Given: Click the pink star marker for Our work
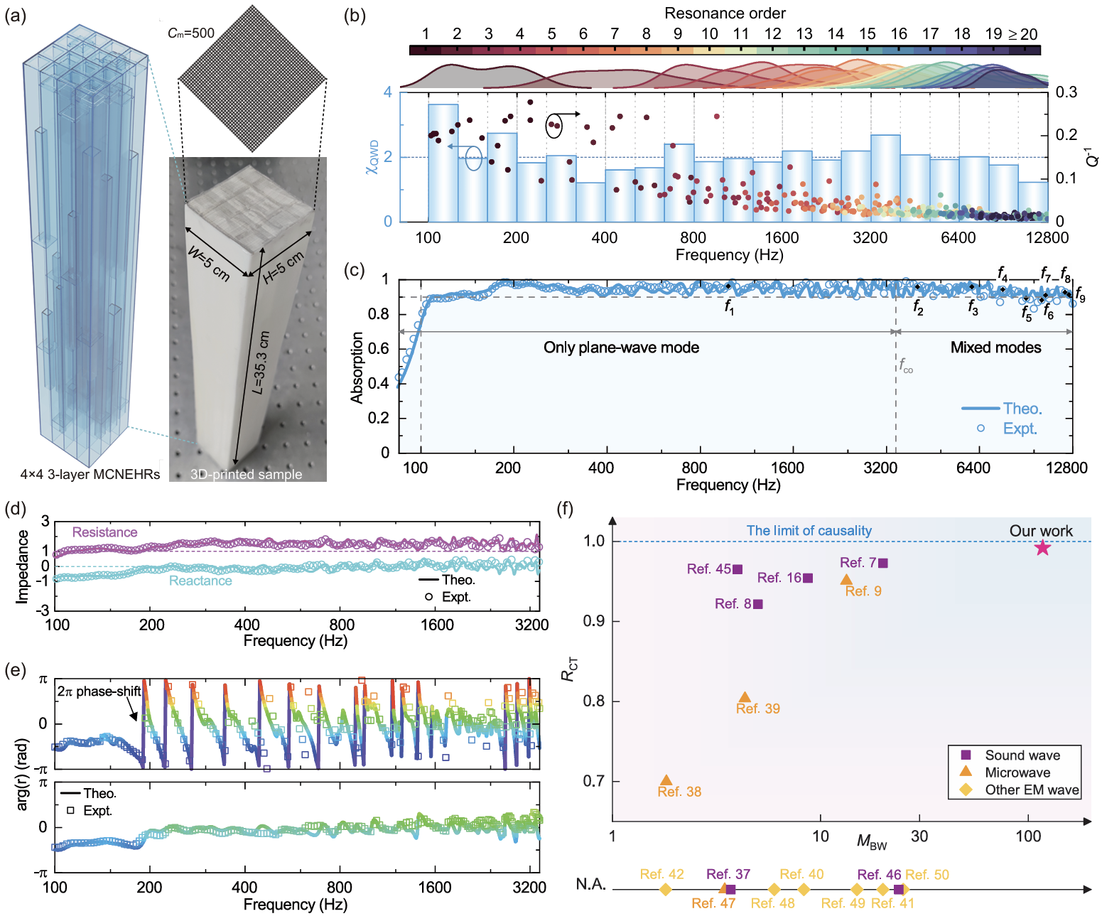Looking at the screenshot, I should click(1042, 547).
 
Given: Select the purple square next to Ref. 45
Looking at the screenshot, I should click(738, 569).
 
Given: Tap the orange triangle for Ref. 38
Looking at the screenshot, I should click(666, 780).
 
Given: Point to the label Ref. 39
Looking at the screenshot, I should click(757, 709).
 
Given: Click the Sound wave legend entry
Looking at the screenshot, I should click(1022, 755).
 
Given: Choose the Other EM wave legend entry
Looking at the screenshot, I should click(1031, 790).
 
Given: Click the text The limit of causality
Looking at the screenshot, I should click(809, 531).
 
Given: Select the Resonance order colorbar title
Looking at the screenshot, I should click(725, 14).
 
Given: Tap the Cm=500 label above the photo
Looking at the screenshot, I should click(190, 33).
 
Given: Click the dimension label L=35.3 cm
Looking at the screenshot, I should click(261, 362).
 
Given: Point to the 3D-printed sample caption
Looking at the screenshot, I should click(246, 474).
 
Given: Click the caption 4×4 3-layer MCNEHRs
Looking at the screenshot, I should click(90, 474).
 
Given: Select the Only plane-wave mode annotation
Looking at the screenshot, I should click(621, 348).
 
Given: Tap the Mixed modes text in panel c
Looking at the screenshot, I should click(995, 348).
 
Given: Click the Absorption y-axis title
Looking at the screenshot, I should click(357, 367).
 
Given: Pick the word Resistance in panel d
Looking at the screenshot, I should click(104, 532).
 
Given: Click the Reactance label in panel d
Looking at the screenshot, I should click(200, 581).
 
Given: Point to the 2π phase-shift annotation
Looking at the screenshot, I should click(99, 691).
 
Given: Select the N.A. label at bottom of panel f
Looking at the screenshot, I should click(590, 884).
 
